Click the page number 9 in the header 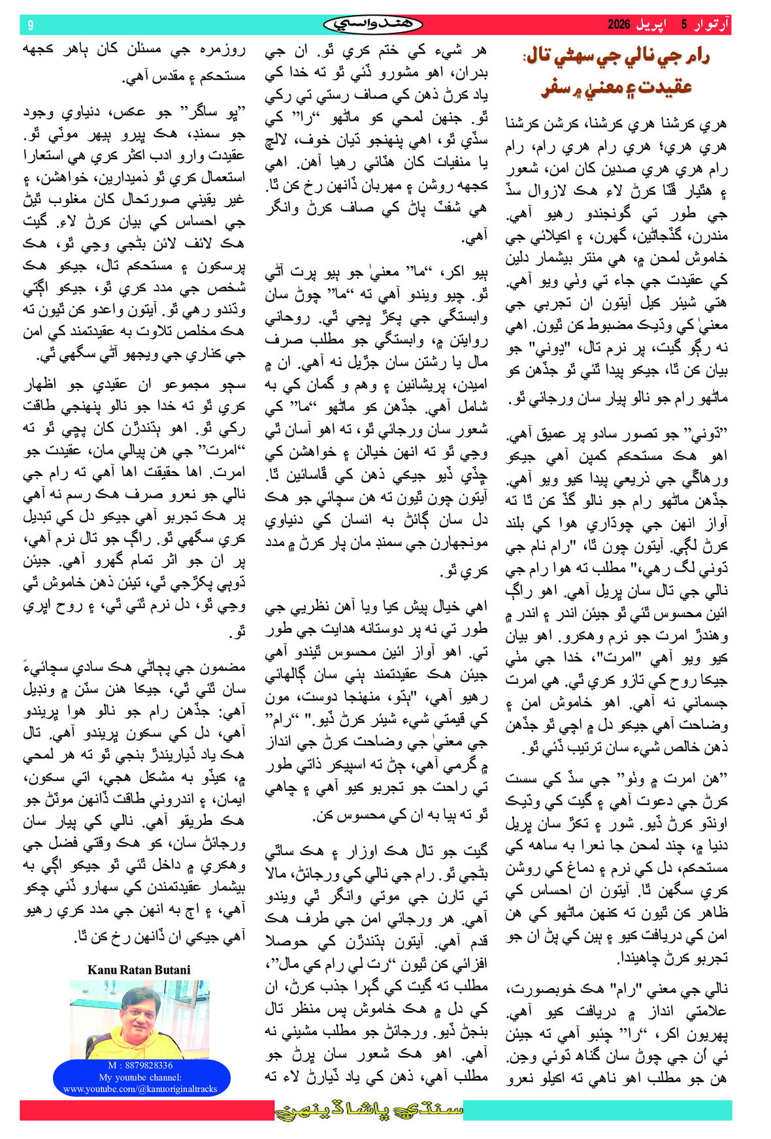pos(30,25)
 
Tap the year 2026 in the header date pos(619,25)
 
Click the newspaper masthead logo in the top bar pos(373,24)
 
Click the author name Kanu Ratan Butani pos(139,970)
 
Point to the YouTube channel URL pos(140,1089)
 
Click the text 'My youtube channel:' pos(140,1077)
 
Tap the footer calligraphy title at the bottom pos(369,1110)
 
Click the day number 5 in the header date pos(684,25)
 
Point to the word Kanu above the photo pos(102,970)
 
